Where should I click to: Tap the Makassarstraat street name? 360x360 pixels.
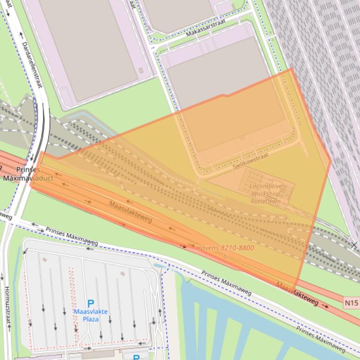tap(206, 28)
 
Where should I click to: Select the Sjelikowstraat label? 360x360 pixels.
tap(250, 161)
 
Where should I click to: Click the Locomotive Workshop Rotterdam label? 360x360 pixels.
tap(266, 194)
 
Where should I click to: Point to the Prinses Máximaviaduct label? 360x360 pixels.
tap(28, 174)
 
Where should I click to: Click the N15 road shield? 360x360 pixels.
tap(351, 303)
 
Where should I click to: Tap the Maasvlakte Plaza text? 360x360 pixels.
tap(90, 315)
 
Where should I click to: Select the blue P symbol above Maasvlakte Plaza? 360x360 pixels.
tap(91, 304)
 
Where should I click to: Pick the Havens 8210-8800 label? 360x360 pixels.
tap(225, 248)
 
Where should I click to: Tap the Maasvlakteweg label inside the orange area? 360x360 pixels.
tap(130, 212)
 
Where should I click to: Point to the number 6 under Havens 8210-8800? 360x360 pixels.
tap(225, 256)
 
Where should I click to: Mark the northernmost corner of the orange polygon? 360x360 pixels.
tap(292, 69)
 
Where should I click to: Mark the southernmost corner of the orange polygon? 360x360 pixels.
tap(294, 290)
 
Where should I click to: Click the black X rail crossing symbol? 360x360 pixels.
tap(354, 245)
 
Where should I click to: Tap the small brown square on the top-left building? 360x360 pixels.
tap(141, 71)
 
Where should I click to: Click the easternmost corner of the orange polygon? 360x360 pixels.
tap(331, 161)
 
